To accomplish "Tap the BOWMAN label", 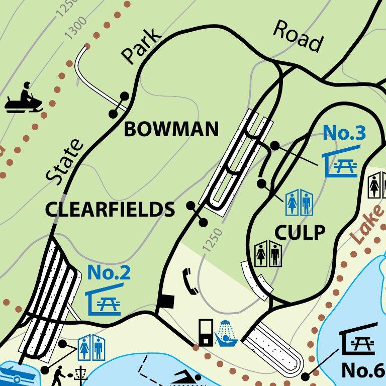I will point(171,130).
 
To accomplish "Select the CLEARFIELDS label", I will point(110,209).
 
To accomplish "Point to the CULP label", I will point(300,232).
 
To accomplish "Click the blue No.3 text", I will point(344,133).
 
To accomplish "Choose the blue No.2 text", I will point(109,272).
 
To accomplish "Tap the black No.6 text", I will point(363,370).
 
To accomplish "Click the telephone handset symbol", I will point(191,281).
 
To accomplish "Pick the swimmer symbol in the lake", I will point(185,378).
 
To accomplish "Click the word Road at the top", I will point(298,36).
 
